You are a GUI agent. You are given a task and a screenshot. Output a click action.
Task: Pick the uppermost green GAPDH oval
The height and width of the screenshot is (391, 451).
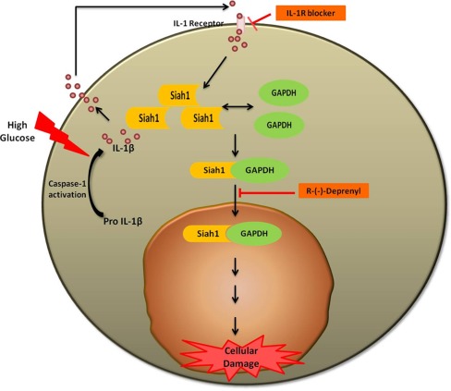tap(285, 93)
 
